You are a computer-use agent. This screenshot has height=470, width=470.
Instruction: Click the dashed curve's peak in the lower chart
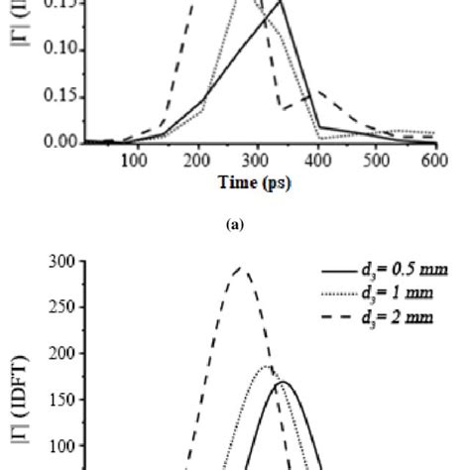point(239,267)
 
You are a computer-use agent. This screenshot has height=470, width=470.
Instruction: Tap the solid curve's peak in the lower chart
point(285,381)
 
